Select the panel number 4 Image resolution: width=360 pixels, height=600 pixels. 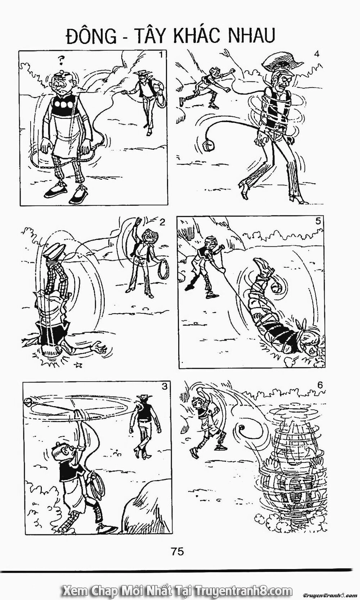point(317,54)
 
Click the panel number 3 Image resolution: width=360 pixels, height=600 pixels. point(165,387)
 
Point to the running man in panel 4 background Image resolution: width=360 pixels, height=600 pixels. point(207,86)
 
